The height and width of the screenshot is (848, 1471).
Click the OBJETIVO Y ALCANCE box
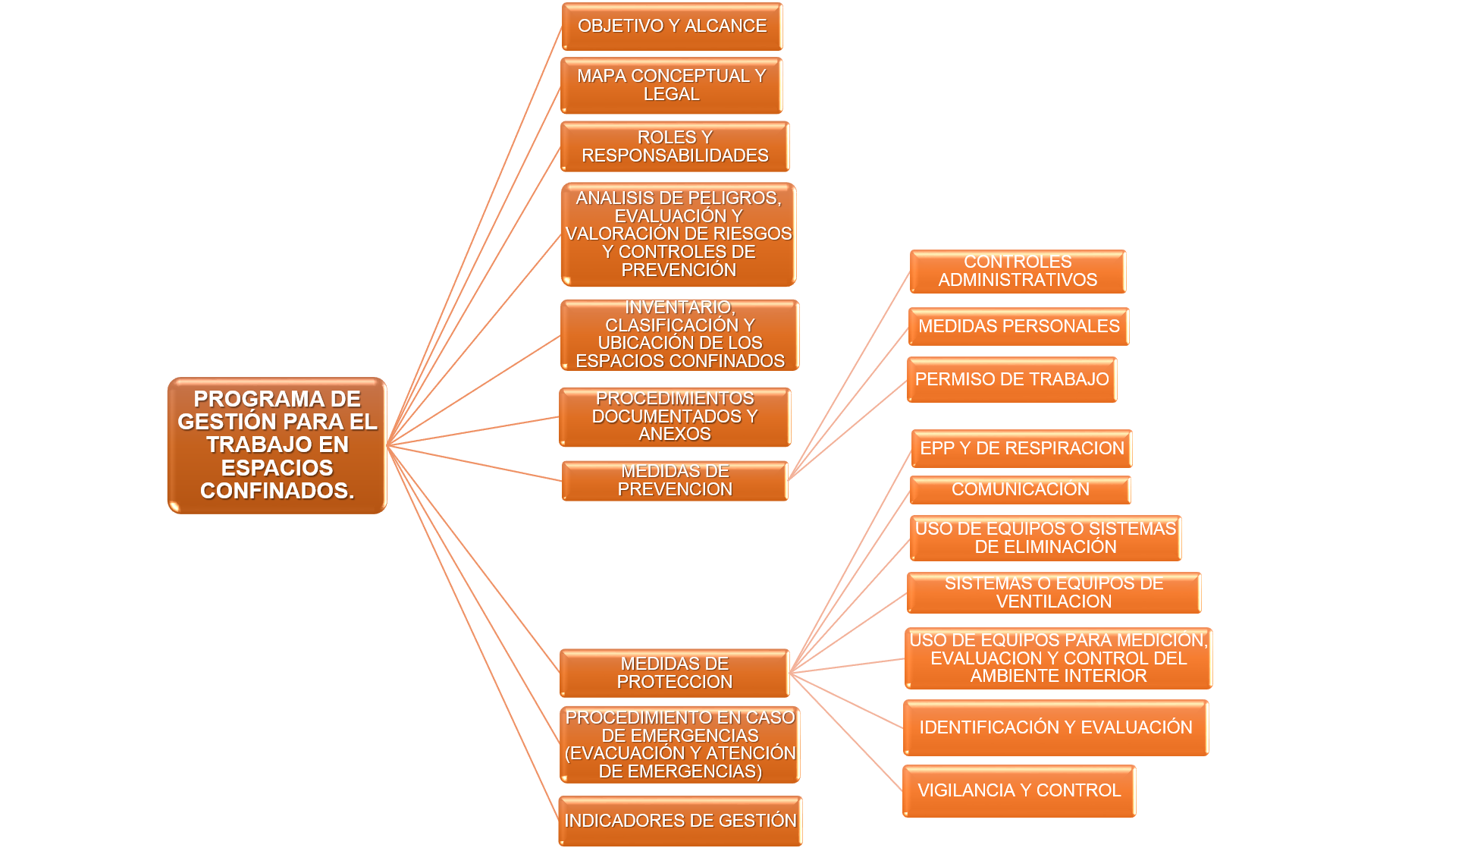(672, 27)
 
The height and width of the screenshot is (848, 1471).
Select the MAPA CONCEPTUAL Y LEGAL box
(672, 86)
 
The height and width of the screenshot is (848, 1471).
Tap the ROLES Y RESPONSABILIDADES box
(675, 146)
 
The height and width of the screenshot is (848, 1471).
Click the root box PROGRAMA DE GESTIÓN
(277, 445)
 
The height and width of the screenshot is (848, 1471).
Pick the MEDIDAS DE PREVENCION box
(675, 481)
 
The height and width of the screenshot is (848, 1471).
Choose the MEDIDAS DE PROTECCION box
(674, 673)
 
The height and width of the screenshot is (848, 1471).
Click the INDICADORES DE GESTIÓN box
(680, 821)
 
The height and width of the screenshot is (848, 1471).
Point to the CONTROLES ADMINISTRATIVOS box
(1018, 272)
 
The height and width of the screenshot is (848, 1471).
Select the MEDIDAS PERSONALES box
(1018, 326)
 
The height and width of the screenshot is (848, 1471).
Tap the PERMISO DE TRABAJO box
(1012, 379)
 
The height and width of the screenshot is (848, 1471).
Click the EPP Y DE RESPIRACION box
(1021, 448)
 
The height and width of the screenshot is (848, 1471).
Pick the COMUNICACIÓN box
(1020, 489)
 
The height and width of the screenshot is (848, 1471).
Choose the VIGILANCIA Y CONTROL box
(1018, 790)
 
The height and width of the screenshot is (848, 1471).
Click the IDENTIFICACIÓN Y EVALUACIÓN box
(1055, 727)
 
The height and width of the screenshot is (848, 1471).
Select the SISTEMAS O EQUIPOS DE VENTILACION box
(1053, 592)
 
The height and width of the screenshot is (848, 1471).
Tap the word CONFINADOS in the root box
(277, 492)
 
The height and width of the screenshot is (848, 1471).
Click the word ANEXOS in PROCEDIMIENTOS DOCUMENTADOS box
(674, 434)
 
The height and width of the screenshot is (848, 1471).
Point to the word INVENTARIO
(679, 307)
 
